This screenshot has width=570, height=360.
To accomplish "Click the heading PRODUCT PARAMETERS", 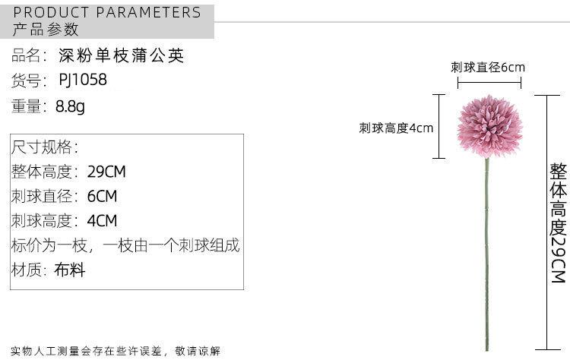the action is click(108, 12).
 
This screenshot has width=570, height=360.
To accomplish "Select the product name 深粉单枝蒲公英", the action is click(122, 55).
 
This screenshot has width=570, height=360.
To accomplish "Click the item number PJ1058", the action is click(83, 80).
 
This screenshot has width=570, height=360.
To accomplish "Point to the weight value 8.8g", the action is click(71, 106).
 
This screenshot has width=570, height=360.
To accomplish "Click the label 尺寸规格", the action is click(44, 147).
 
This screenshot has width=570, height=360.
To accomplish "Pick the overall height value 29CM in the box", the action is click(106, 172).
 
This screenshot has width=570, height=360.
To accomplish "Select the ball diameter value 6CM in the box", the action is click(103, 196).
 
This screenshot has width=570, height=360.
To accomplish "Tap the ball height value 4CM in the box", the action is click(103, 221).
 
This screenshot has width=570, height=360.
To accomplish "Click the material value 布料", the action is click(70, 270).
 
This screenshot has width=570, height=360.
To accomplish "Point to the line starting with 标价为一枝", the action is click(125, 245).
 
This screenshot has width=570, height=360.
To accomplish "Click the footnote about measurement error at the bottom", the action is click(116, 351).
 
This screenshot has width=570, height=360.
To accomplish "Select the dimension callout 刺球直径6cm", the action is click(488, 67).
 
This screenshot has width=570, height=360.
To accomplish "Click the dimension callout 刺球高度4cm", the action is click(396, 128).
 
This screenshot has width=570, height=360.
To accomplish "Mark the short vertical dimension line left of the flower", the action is click(439, 126).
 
